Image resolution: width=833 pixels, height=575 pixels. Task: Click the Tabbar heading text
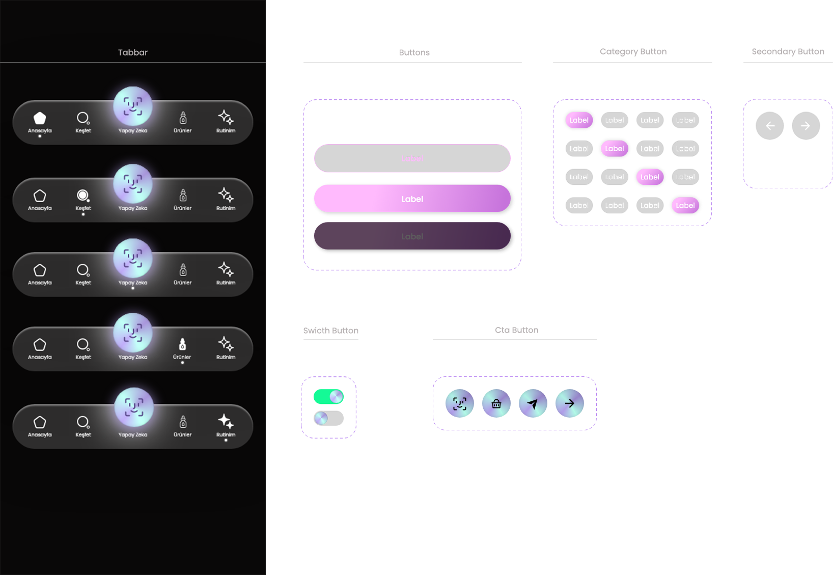(x=133, y=52)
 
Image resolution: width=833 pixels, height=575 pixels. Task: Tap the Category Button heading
(x=633, y=51)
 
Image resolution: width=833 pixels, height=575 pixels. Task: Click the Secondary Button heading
(x=788, y=51)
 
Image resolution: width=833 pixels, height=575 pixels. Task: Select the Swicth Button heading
(x=331, y=331)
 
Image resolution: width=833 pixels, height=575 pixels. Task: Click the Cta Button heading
(x=516, y=330)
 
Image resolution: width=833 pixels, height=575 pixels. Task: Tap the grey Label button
(x=412, y=158)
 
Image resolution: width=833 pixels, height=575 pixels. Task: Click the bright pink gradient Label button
(x=412, y=199)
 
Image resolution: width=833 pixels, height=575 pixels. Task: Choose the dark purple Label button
(x=412, y=236)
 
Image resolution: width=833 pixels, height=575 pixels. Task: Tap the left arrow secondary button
(x=770, y=126)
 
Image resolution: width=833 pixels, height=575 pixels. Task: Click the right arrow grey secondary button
(x=806, y=126)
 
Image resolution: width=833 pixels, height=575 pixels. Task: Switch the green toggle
(x=328, y=397)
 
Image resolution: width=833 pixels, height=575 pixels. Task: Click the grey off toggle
(x=328, y=418)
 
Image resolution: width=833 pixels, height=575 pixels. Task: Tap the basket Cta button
(x=496, y=404)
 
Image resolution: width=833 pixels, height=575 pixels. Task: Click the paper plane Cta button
(x=533, y=404)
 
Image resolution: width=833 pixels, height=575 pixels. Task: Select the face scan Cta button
(x=460, y=404)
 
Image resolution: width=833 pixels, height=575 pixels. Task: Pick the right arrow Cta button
(x=570, y=404)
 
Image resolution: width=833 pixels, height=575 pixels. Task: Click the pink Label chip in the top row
(x=579, y=120)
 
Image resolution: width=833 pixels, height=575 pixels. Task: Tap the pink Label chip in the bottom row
(x=685, y=205)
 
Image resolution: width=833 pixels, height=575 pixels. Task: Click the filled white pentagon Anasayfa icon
(x=40, y=118)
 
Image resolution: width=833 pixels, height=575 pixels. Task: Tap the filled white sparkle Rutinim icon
(x=226, y=421)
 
